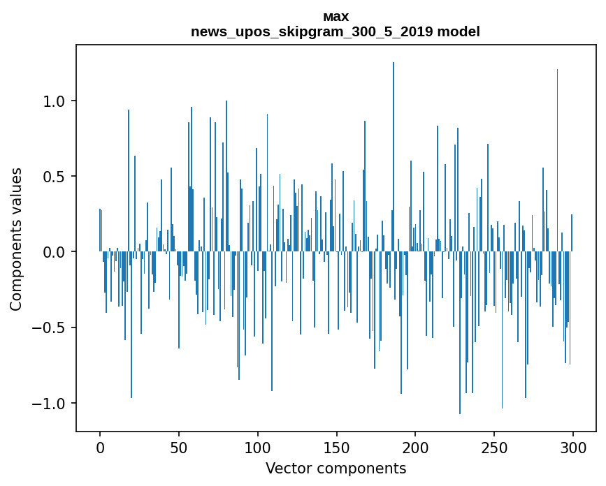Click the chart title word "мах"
336,16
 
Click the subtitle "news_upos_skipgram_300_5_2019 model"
336,31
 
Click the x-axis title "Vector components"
336,468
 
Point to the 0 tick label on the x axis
100,447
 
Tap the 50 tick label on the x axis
179,447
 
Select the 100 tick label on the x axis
258,447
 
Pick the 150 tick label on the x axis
336,447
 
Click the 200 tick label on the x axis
415,447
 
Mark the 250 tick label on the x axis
494,447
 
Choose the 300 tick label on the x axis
573,447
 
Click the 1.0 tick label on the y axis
55,101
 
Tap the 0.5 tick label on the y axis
55,177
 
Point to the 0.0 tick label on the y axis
55,252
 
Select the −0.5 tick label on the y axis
50,327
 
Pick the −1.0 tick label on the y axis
50,404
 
